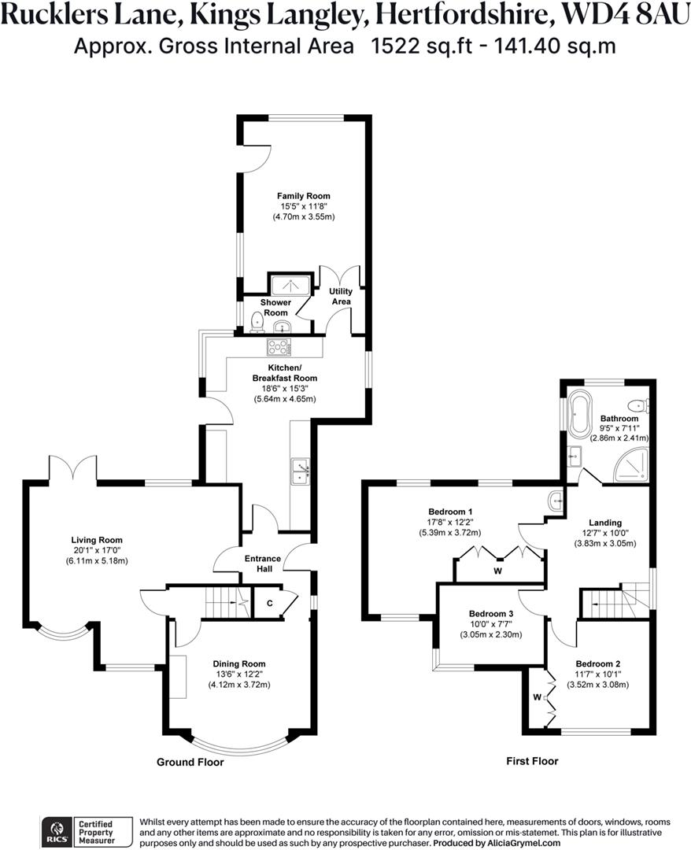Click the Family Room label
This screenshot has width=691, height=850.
(x=303, y=196)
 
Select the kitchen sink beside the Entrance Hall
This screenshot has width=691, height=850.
(x=300, y=470)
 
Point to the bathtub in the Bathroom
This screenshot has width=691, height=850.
(x=580, y=412)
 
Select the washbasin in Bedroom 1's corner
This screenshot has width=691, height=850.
(x=556, y=499)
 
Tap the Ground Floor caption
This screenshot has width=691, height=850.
(x=190, y=762)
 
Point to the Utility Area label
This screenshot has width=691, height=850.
(x=340, y=296)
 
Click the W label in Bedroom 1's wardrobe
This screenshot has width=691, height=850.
(x=497, y=571)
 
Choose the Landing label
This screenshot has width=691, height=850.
(x=606, y=522)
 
